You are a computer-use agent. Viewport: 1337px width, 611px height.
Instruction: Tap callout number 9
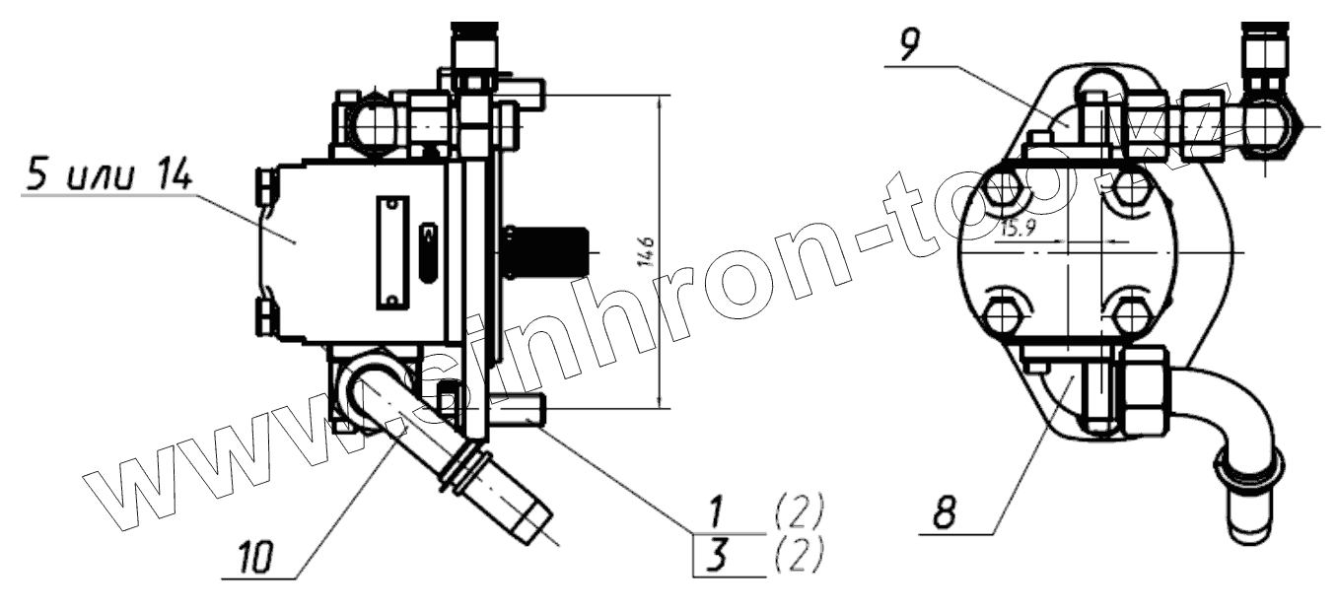coord(909,44)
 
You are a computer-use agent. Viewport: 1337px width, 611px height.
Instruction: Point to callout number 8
coord(945,511)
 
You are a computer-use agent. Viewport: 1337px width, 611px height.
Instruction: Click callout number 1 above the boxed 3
coord(719,511)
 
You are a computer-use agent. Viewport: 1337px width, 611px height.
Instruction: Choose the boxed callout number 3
coord(719,555)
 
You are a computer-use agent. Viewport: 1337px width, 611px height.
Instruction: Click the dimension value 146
coord(648,251)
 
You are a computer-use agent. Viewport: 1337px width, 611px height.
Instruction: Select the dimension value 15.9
coord(1019,228)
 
